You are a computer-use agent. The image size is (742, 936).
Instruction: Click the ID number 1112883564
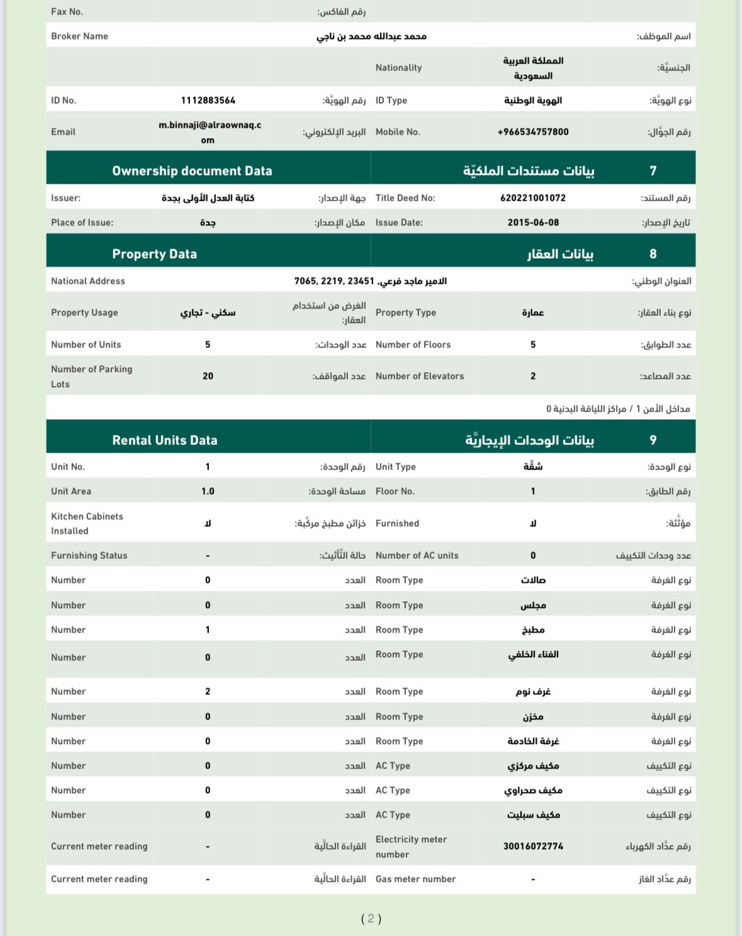pyautogui.click(x=208, y=101)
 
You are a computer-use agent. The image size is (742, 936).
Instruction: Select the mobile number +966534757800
pyautogui.click(x=533, y=132)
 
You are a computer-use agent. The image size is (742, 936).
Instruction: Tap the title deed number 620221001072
pyautogui.click(x=533, y=198)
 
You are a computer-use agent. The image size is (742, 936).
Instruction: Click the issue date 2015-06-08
pyautogui.click(x=533, y=223)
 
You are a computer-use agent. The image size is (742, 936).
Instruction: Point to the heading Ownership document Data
pyautogui.click(x=192, y=171)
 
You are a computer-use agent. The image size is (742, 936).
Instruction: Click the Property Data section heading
pyautogui.click(x=154, y=254)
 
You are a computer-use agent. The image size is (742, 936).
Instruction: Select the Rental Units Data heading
pyautogui.click(x=165, y=441)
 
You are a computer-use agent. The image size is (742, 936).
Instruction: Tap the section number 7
pyautogui.click(x=653, y=171)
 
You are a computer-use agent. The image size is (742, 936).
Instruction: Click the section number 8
pyautogui.click(x=653, y=254)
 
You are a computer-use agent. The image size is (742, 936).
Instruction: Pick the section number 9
pyautogui.click(x=653, y=441)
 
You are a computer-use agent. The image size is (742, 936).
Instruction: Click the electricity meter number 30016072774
pyautogui.click(x=533, y=847)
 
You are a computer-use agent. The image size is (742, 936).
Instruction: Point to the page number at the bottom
pyautogui.click(x=371, y=919)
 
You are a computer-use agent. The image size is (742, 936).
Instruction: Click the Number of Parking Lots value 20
pyautogui.click(x=208, y=376)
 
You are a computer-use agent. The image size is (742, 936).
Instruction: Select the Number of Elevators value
pyautogui.click(x=533, y=376)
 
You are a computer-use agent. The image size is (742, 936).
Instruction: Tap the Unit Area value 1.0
pyautogui.click(x=208, y=492)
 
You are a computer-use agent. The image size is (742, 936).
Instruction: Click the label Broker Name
pyautogui.click(x=79, y=37)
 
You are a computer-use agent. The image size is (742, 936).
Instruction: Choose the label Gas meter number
pyautogui.click(x=415, y=879)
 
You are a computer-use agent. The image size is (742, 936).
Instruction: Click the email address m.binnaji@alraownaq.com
pyautogui.click(x=210, y=132)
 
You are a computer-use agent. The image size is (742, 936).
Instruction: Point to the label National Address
pyautogui.click(x=88, y=281)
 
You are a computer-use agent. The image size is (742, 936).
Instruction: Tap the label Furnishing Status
pyautogui.click(x=89, y=556)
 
